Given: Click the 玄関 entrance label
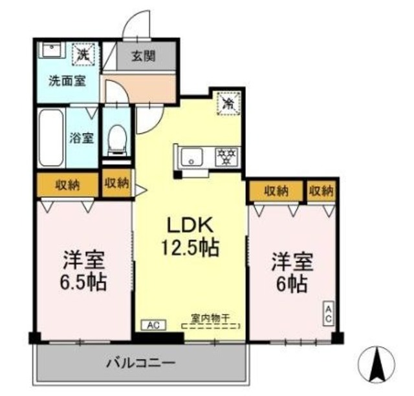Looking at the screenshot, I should pos(144,56).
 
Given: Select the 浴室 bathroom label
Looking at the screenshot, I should pos(82,138).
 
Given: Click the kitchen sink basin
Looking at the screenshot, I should pos(192,156).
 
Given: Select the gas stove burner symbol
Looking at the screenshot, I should pos(226,156).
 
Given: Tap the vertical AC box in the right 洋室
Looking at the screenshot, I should pos(328,315).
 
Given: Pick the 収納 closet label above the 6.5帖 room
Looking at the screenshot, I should pos(67,185).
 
